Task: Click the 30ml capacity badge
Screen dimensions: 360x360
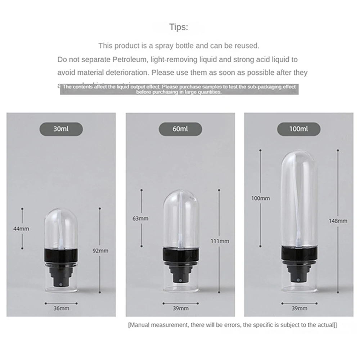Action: click(61, 129)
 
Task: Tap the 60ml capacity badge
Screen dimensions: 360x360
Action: click(180, 129)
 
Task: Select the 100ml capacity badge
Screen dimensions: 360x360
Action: click(298, 129)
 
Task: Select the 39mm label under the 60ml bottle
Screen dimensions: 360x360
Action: click(180, 308)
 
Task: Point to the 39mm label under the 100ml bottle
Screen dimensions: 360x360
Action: click(300, 308)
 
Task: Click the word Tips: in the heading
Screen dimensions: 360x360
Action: click(179, 27)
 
